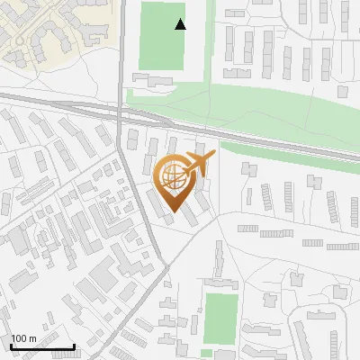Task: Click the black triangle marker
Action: tap(181, 24)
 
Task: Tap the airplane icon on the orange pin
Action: tap(199, 164)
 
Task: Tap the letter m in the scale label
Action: tap(33, 338)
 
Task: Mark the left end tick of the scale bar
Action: tap(10, 346)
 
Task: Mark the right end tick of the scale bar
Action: tap(74, 346)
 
